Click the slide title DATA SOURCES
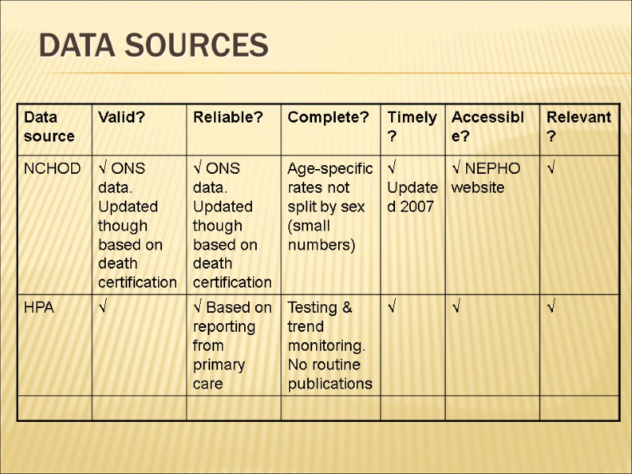(x=153, y=46)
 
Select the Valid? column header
(x=121, y=118)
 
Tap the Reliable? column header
(x=228, y=118)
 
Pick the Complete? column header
(x=328, y=118)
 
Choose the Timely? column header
(x=412, y=126)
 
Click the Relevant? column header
(x=578, y=126)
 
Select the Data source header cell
(x=49, y=127)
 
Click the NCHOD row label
(x=52, y=169)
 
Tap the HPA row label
(x=39, y=308)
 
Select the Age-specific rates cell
(x=329, y=207)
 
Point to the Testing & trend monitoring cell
(x=329, y=345)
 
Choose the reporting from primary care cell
(x=232, y=345)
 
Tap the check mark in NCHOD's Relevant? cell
(x=550, y=169)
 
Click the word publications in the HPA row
(x=329, y=384)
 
